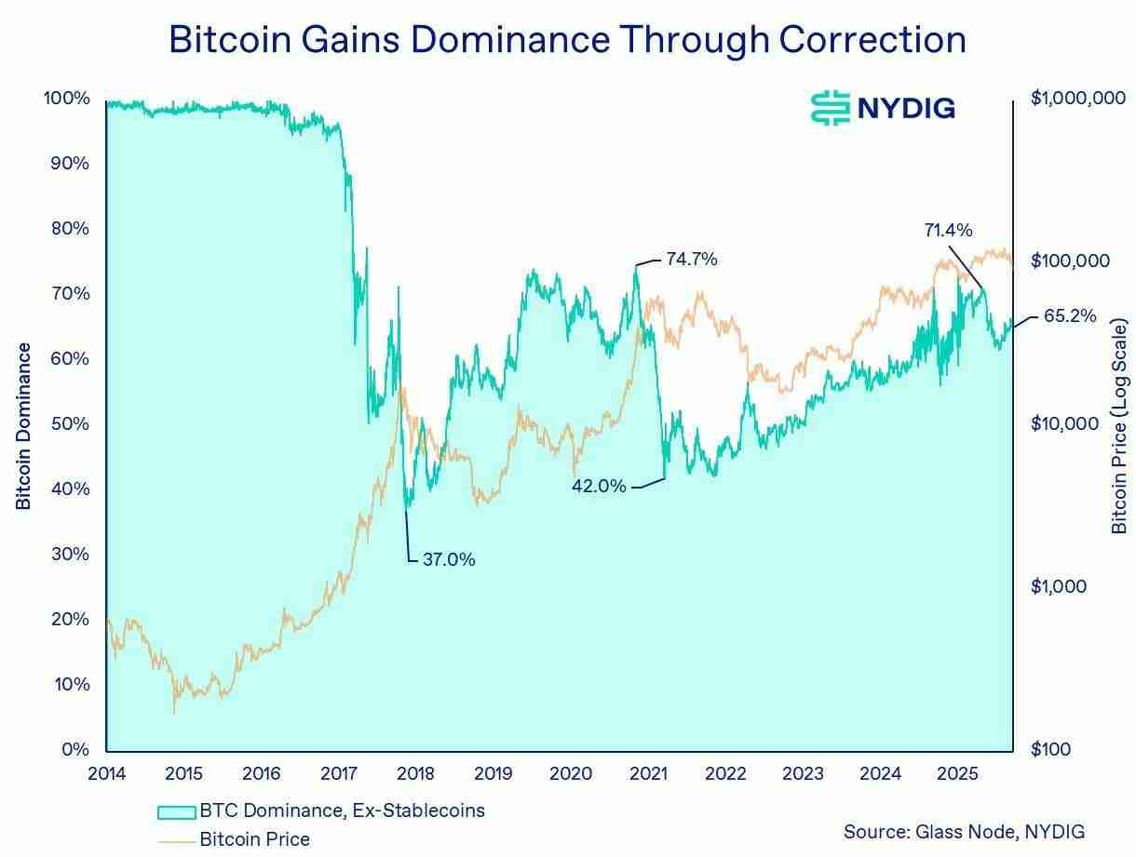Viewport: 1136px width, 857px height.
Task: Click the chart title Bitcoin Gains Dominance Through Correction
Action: pyautogui.click(x=567, y=39)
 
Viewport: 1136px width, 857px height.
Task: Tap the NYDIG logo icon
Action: pyautogui.click(x=830, y=108)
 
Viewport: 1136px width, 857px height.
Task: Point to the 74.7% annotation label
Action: pyautogui.click(x=691, y=260)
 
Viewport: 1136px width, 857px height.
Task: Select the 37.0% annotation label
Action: pyautogui.click(x=449, y=559)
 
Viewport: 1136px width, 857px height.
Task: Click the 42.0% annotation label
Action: pyautogui.click(x=599, y=485)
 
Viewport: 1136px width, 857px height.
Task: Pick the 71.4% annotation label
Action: pyautogui.click(x=948, y=230)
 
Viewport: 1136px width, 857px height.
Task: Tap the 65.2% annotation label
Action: pyautogui.click(x=1070, y=316)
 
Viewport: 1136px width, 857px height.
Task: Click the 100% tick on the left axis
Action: pyautogui.click(x=66, y=99)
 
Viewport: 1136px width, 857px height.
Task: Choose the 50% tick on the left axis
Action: pyautogui.click(x=70, y=424)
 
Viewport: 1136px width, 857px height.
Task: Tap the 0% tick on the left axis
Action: pyautogui.click(x=74, y=749)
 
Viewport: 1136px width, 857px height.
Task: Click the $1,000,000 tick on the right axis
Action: pyautogui.click(x=1078, y=99)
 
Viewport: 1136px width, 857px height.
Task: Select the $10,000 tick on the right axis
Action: pyautogui.click(x=1064, y=424)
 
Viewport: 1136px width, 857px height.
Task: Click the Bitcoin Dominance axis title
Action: pyautogui.click(x=24, y=425)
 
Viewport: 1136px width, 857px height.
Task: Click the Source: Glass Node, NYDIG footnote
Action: pyautogui.click(x=964, y=831)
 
